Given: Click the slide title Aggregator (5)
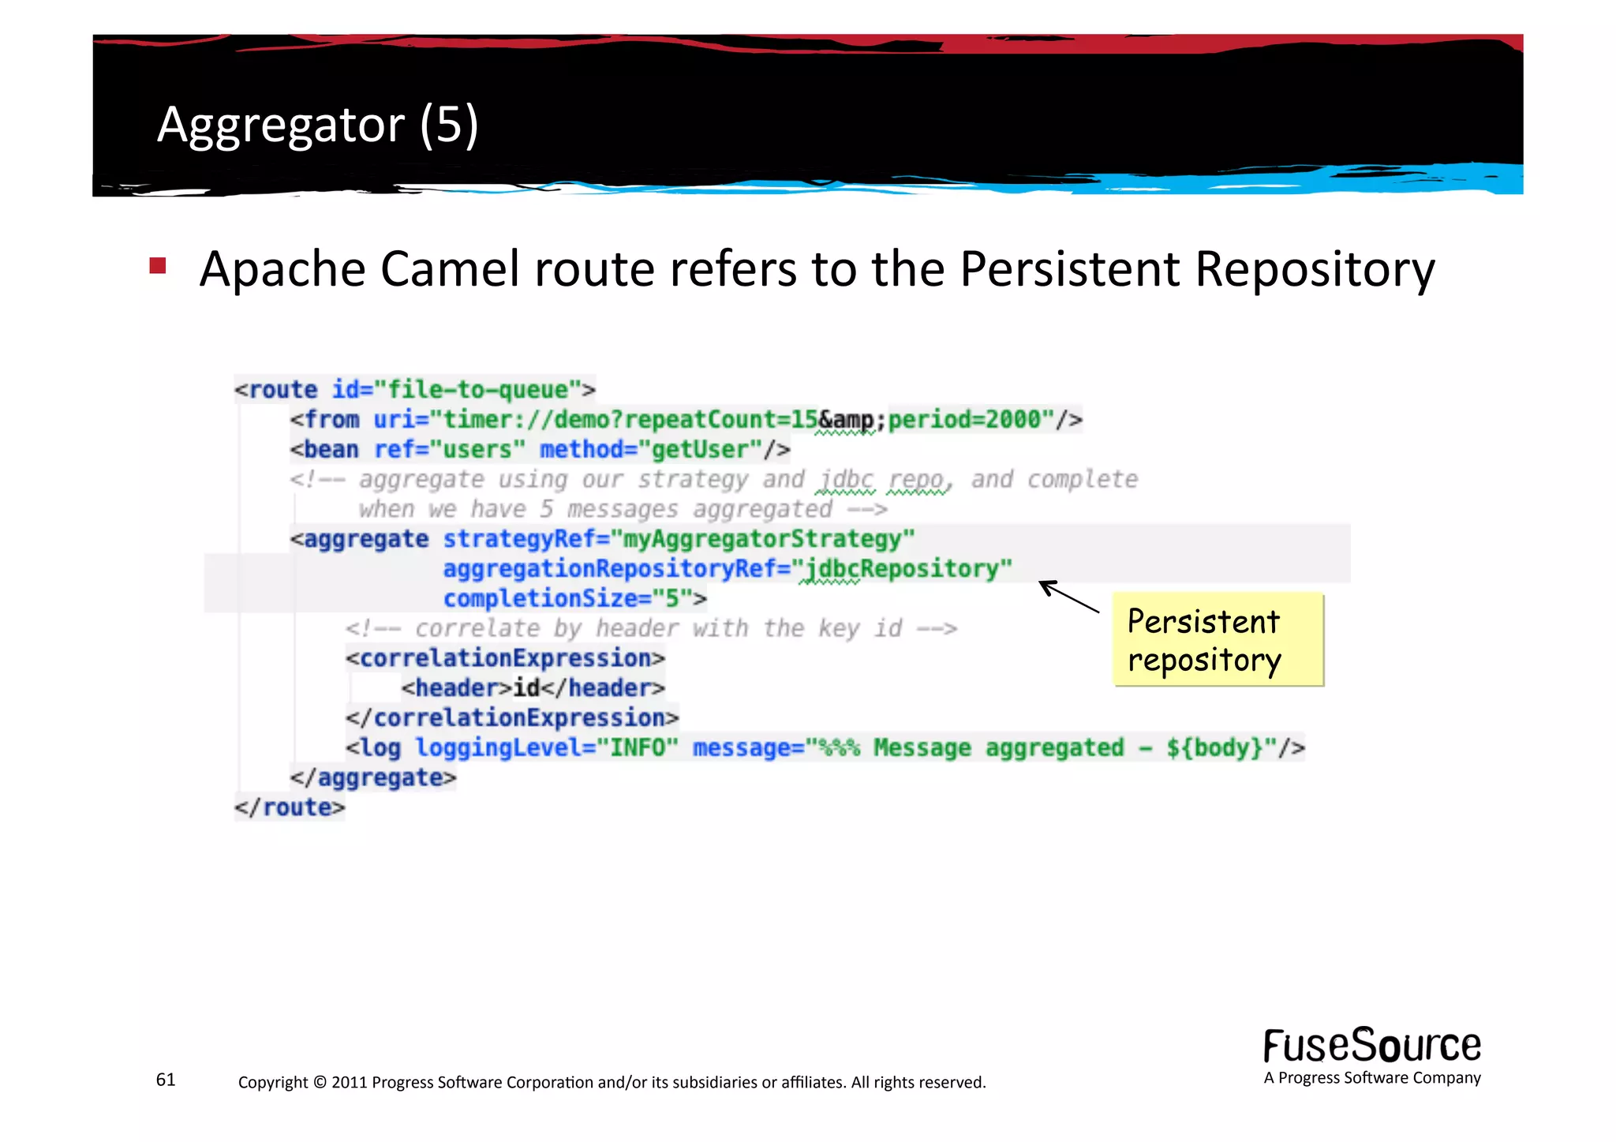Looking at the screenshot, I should click(x=317, y=125).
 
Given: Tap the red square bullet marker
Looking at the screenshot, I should click(x=158, y=265).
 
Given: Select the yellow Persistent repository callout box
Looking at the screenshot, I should click(x=1218, y=639).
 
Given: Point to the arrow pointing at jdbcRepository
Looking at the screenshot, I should click(x=1068, y=597).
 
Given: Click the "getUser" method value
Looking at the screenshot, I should click(x=699, y=450).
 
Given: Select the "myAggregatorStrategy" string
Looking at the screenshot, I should click(x=769, y=539).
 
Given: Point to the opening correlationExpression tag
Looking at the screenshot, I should click(x=505, y=658).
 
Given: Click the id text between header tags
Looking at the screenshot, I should click(x=526, y=688).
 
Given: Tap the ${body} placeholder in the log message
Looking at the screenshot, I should click(x=1214, y=747).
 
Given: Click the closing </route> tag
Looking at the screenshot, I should click(x=290, y=807).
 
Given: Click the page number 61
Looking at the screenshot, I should click(x=166, y=1080).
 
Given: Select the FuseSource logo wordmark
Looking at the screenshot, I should click(x=1371, y=1046).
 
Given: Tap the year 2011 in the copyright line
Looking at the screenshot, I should click(x=349, y=1082).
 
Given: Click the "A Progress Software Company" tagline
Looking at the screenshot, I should click(x=1371, y=1078).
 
